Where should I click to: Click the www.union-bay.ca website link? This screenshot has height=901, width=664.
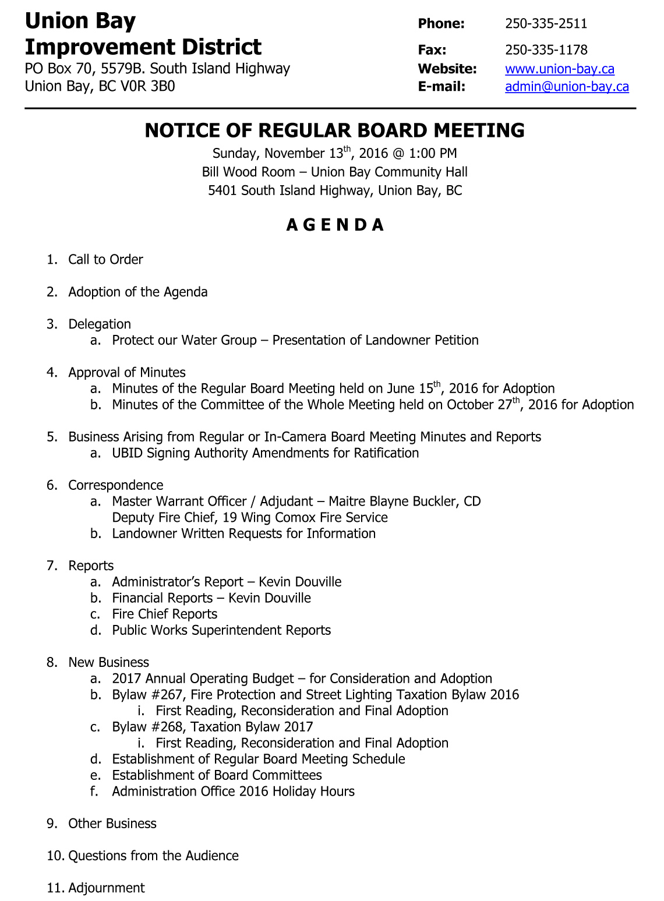pos(559,69)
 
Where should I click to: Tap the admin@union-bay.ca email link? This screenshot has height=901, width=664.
pos(567,87)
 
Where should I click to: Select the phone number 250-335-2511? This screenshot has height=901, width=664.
pos(546,24)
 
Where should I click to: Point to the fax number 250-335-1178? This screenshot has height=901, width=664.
pos(546,50)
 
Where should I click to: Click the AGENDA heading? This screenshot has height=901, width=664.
pos(335,225)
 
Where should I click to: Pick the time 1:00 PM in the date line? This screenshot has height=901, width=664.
pos(433,154)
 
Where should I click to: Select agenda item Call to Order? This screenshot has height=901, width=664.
pos(105,260)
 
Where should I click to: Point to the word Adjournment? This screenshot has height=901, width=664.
pos(107,888)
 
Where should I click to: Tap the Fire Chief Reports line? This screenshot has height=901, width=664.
pos(164,614)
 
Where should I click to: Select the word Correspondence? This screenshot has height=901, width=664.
pos(115,485)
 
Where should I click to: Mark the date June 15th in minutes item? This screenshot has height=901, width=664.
pos(415,388)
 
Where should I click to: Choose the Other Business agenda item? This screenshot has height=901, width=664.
pos(112,824)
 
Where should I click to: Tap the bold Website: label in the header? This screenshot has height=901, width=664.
pos(447,69)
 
